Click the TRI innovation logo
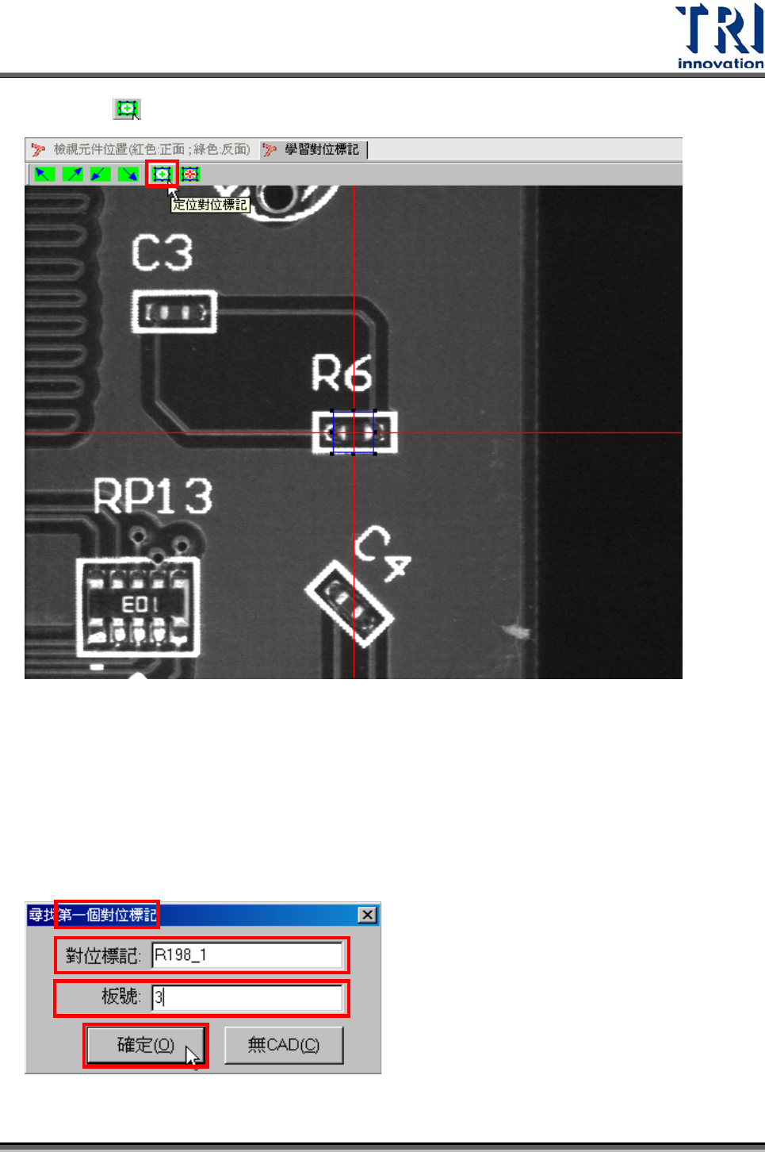[719, 36]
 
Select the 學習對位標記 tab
[313, 149]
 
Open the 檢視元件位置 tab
[143, 149]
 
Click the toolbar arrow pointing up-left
[44, 174]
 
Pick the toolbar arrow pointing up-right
[73, 174]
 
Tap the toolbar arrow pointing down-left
[100, 174]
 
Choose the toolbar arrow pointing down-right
[128, 174]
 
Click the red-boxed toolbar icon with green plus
[162, 174]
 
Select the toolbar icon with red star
[190, 174]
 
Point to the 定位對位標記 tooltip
[210, 205]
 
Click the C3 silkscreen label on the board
[162, 253]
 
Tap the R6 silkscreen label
[341, 374]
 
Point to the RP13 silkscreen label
[152, 497]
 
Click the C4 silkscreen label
[381, 552]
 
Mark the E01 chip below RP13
[138, 607]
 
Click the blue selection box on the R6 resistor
[353, 432]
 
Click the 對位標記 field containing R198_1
[247, 955]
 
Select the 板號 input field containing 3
[247, 997]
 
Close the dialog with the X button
[367, 915]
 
